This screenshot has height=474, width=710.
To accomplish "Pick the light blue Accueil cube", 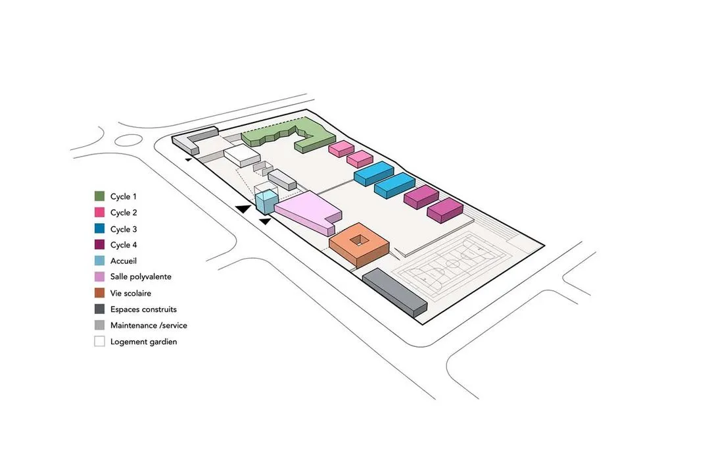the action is pos(264,201).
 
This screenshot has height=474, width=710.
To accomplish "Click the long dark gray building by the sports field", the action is pos(394,290).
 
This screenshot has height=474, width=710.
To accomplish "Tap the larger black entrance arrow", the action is pos(243,208).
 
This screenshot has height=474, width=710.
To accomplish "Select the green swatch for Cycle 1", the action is pos(99,196).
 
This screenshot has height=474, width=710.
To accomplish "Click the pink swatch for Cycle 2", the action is pos(99,213).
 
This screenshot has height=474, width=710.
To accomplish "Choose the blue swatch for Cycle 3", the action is pos(99,229).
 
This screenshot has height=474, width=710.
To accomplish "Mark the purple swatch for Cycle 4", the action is pos(99,245).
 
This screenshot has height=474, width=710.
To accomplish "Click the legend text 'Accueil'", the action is pos(124,261).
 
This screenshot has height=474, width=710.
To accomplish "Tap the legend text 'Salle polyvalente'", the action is pos(141,277).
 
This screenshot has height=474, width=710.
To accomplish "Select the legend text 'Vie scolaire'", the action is pos(131,294).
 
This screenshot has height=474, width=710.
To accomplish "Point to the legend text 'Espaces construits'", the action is pos(143,309).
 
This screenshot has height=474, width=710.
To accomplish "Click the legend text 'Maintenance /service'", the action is pos(149,325).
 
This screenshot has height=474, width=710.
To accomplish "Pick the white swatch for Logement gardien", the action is pos(99,342).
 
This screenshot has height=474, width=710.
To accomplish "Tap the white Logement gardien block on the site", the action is pos(242,157).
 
